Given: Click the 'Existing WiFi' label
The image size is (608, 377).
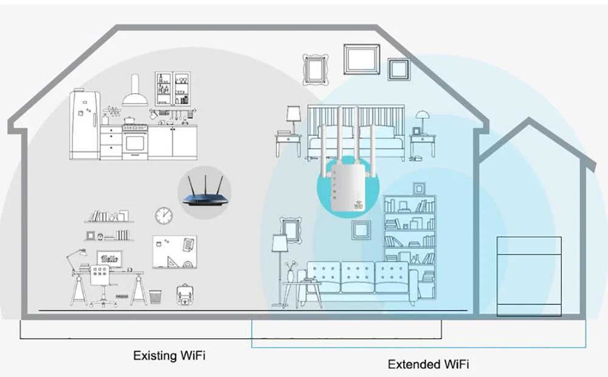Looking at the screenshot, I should pos(169,354).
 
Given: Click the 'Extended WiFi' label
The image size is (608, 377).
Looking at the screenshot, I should pos(428,364).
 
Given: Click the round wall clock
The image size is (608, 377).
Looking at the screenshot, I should pos(163,215).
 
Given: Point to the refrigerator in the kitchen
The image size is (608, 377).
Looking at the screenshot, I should pos(85,124).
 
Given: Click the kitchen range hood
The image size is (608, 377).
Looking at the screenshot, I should pos(134,93).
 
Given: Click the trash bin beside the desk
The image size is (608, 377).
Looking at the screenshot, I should pos(156,297).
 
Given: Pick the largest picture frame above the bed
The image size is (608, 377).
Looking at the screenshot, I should pos(361,59).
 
